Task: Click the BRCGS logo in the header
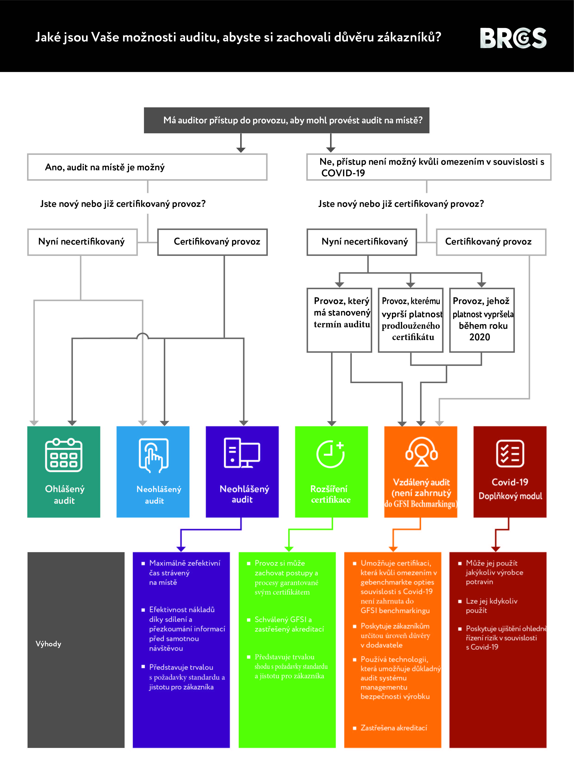tap(513, 38)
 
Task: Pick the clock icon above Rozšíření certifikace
tap(330, 454)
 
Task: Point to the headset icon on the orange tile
tap(421, 452)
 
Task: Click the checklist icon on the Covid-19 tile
tap(510, 453)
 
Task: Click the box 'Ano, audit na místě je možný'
tap(147, 167)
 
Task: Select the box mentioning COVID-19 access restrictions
tap(428, 167)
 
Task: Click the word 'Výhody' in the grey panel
tap(48, 644)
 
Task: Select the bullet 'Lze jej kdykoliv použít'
tap(491, 605)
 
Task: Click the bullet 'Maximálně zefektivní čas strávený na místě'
tap(184, 573)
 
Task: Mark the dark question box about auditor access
tap(286, 120)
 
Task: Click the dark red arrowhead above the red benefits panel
tap(496, 549)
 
